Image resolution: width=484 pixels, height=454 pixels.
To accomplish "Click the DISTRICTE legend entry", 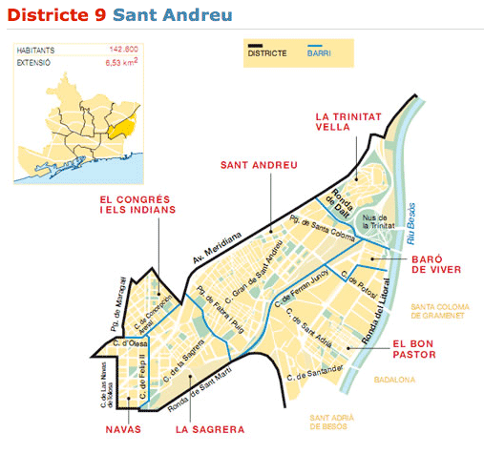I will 266,53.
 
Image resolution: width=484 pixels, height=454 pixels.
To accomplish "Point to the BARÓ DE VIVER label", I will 437,264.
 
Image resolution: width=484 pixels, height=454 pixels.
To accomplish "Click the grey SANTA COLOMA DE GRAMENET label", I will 443,312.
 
